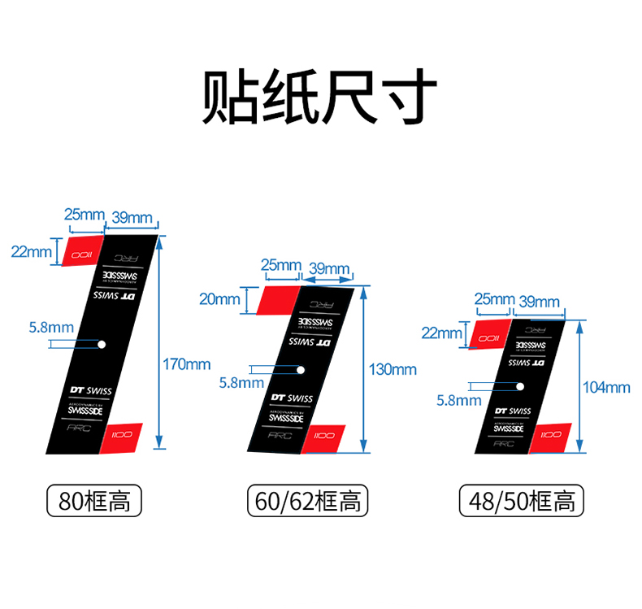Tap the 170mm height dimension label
187,363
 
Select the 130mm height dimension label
393,370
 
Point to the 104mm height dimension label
606,388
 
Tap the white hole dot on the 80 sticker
102,344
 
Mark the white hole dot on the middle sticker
301,370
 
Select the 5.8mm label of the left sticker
50,328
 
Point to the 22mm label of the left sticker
31,251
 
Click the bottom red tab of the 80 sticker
123,436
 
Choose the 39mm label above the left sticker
132,216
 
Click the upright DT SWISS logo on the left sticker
89,391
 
